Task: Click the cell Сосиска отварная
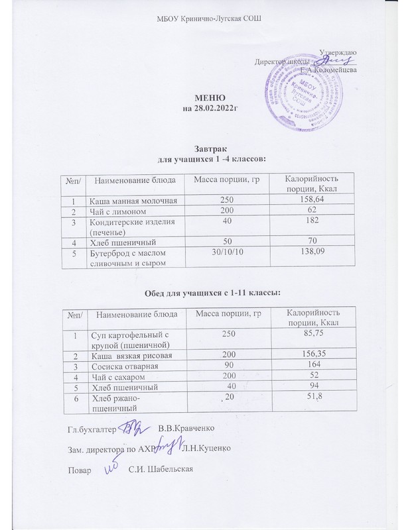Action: click(x=120, y=366)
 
